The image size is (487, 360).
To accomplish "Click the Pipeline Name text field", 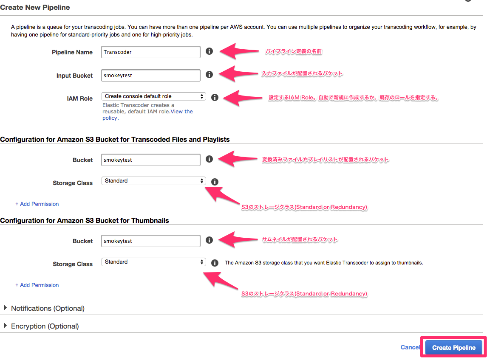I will coord(151,52).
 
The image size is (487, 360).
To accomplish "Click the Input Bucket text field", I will coord(151,76).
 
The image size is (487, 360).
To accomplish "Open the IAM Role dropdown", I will coord(153,96).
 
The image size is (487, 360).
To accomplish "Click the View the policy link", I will coord(181,112).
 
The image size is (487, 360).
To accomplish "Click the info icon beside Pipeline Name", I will coord(209,51).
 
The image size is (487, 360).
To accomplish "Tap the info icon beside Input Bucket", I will coord(209,74).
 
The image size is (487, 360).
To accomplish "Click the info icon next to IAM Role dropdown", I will coord(215,97).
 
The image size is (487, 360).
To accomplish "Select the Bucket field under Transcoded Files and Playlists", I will coord(151,160).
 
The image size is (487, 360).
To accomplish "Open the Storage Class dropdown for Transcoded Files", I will coord(153,181).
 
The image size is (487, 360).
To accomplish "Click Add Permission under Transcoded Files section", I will coord(37,204).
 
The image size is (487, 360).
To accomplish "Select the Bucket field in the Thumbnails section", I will coord(151,241).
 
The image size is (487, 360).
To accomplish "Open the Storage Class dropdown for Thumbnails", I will coord(153,262).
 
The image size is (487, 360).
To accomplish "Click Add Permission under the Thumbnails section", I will coord(37,285).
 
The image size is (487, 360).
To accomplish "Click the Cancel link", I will coord(410,347).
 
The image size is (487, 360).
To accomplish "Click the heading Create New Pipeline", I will coord(35,7).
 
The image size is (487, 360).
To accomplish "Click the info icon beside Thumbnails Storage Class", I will coord(215,263).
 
